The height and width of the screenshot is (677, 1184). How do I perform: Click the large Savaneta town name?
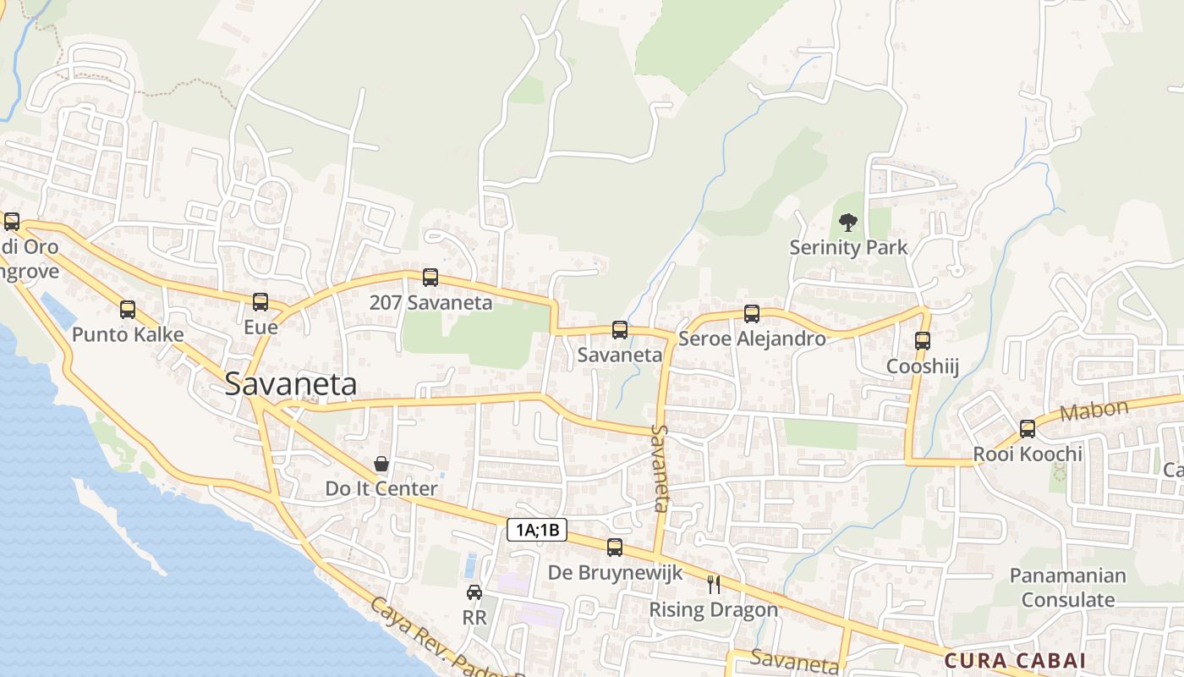(290, 385)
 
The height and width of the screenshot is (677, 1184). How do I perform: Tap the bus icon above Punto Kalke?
(128, 310)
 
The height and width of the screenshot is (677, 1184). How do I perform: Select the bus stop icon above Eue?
(260, 302)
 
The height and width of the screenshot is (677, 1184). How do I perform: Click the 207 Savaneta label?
(430, 303)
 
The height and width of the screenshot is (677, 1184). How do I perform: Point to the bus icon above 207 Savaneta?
(430, 277)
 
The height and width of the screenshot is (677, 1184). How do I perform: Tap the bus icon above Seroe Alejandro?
(752, 314)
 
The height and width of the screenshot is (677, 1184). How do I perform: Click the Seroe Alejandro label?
(752, 339)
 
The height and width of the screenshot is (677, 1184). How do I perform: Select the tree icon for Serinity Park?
(847, 223)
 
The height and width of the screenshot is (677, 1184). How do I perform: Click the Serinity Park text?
(847, 248)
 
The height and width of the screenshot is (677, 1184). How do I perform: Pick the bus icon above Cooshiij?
(923, 341)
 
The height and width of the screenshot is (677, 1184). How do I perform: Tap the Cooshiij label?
(922, 366)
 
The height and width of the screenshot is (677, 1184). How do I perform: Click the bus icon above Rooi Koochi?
(1028, 429)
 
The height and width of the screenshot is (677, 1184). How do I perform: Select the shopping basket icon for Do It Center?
(381, 464)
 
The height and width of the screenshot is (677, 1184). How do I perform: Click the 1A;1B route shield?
(537, 531)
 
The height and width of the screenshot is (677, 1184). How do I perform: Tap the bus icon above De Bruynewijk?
(615, 548)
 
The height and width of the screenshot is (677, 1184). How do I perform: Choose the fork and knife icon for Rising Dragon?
(714, 584)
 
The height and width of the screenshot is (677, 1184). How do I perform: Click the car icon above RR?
(474, 592)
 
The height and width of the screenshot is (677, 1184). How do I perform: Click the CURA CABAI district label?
(1015, 660)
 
